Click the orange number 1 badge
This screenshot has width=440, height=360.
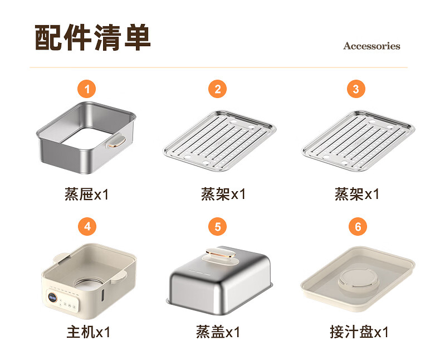[87, 89]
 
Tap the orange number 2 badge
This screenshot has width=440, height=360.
[217, 89]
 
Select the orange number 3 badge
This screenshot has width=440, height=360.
[356, 89]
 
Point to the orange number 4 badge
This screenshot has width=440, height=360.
[87, 226]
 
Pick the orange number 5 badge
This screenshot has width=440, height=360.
[217, 226]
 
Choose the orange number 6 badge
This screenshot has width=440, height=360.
[358, 226]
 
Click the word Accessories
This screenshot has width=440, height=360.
[372, 46]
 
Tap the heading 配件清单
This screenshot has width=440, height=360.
[92, 37]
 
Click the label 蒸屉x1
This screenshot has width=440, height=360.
[87, 194]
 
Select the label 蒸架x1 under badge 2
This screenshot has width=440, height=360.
[223, 194]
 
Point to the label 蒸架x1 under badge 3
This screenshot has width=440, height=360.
[357, 194]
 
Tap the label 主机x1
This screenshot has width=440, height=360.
[89, 332]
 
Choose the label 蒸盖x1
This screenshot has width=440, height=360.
[218, 332]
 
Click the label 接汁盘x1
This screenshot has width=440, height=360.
[359, 332]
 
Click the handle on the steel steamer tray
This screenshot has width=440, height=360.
[116, 141]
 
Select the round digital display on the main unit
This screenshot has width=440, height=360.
[52, 297]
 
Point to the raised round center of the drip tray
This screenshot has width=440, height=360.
[358, 280]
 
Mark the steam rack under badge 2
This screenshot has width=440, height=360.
[219, 140]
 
